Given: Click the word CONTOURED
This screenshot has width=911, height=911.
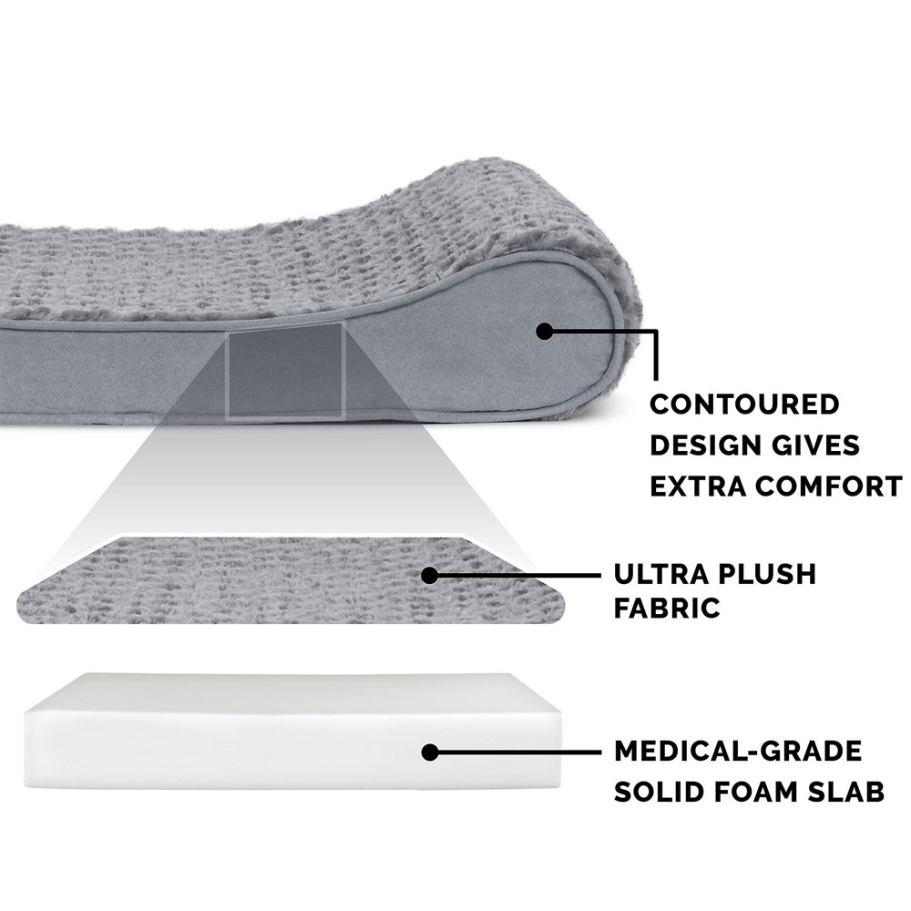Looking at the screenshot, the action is click(x=744, y=404).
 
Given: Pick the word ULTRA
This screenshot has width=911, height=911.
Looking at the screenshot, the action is click(x=661, y=574).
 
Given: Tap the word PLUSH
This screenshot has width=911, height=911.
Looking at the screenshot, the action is click(x=768, y=574).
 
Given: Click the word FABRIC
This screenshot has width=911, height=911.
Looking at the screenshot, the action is click(x=667, y=609).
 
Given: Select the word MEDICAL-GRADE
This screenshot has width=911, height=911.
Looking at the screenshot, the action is click(x=738, y=752).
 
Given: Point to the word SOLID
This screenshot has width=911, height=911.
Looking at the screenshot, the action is click(x=660, y=792).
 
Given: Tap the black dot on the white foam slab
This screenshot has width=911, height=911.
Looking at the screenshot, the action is click(x=430, y=752).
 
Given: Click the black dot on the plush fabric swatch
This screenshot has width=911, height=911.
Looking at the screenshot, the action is click(x=429, y=576).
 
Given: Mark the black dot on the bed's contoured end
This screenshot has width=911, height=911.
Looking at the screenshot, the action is click(x=545, y=332).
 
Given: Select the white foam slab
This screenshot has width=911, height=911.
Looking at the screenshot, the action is click(x=294, y=732).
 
